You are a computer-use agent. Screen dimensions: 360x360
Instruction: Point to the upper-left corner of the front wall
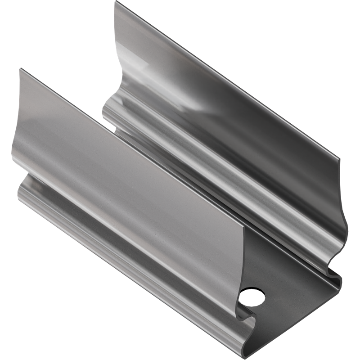click(x=20, y=69)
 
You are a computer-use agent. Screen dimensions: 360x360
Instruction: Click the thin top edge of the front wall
click(x=130, y=148)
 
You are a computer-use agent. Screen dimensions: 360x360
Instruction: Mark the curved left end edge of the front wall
click(x=13, y=135)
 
